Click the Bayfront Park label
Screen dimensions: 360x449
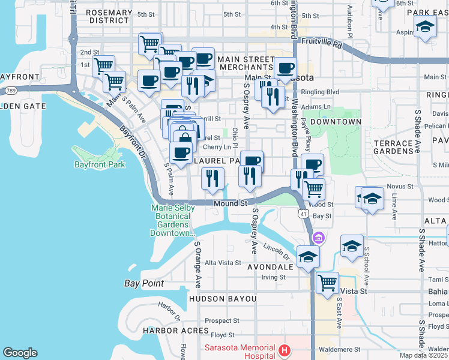(x=100, y=164)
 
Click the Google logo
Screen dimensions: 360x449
(x=20, y=353)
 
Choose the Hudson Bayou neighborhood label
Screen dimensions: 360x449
(x=223, y=299)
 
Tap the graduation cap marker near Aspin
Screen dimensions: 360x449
(x=425, y=27)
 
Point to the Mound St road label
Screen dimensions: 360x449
(x=231, y=203)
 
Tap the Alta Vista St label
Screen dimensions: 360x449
(x=223, y=263)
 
